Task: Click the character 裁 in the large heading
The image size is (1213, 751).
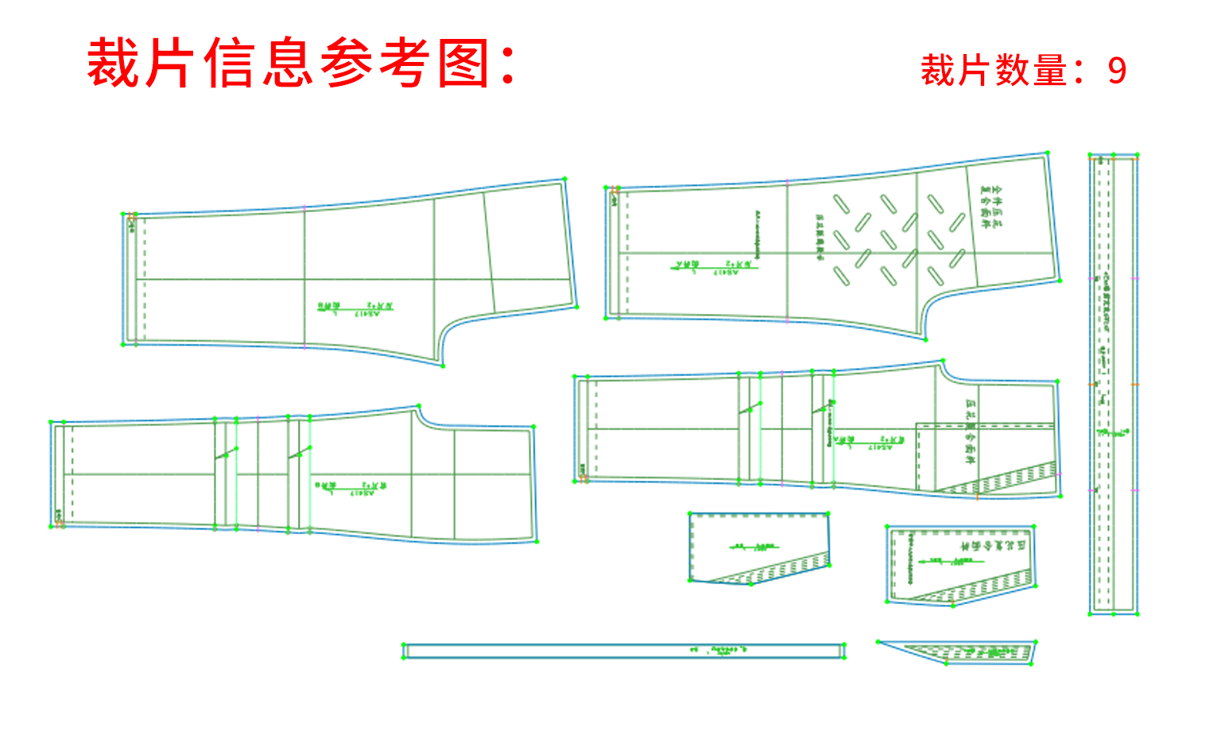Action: pos(113,63)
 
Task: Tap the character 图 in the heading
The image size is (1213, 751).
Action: pos(463,63)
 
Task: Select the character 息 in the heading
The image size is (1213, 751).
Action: pos(288,63)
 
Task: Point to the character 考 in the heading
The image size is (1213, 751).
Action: pos(405,63)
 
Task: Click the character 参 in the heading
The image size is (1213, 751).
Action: pos(347,63)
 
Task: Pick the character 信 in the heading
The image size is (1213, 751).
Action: pos(230,63)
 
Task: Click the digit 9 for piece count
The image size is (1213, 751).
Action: pos(1117,71)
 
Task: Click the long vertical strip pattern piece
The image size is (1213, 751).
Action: pos(1113,385)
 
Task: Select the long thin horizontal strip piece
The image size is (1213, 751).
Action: pos(623,652)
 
